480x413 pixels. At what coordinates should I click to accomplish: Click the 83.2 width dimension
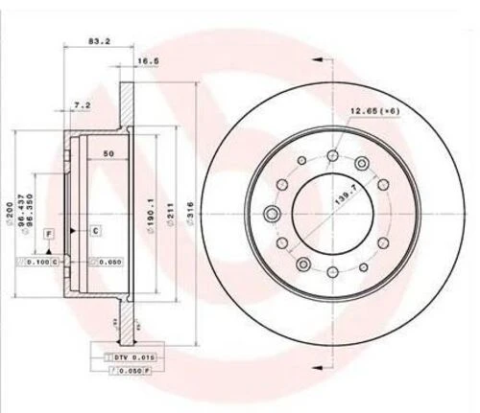pyautogui.click(x=98, y=42)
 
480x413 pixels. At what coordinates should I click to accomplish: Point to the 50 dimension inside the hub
pyautogui.click(x=108, y=154)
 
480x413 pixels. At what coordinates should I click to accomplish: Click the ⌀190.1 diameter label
pyautogui.click(x=151, y=210)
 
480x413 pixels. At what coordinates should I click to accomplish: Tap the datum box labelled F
pyautogui.click(x=48, y=233)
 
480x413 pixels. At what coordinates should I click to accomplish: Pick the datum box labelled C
pyautogui.click(x=96, y=230)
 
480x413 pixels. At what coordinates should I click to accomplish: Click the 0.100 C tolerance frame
pyautogui.click(x=40, y=261)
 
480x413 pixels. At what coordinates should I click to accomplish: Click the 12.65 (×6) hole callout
pyautogui.click(x=373, y=111)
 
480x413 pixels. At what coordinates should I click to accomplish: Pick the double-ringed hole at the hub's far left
pyautogui.click(x=273, y=213)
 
